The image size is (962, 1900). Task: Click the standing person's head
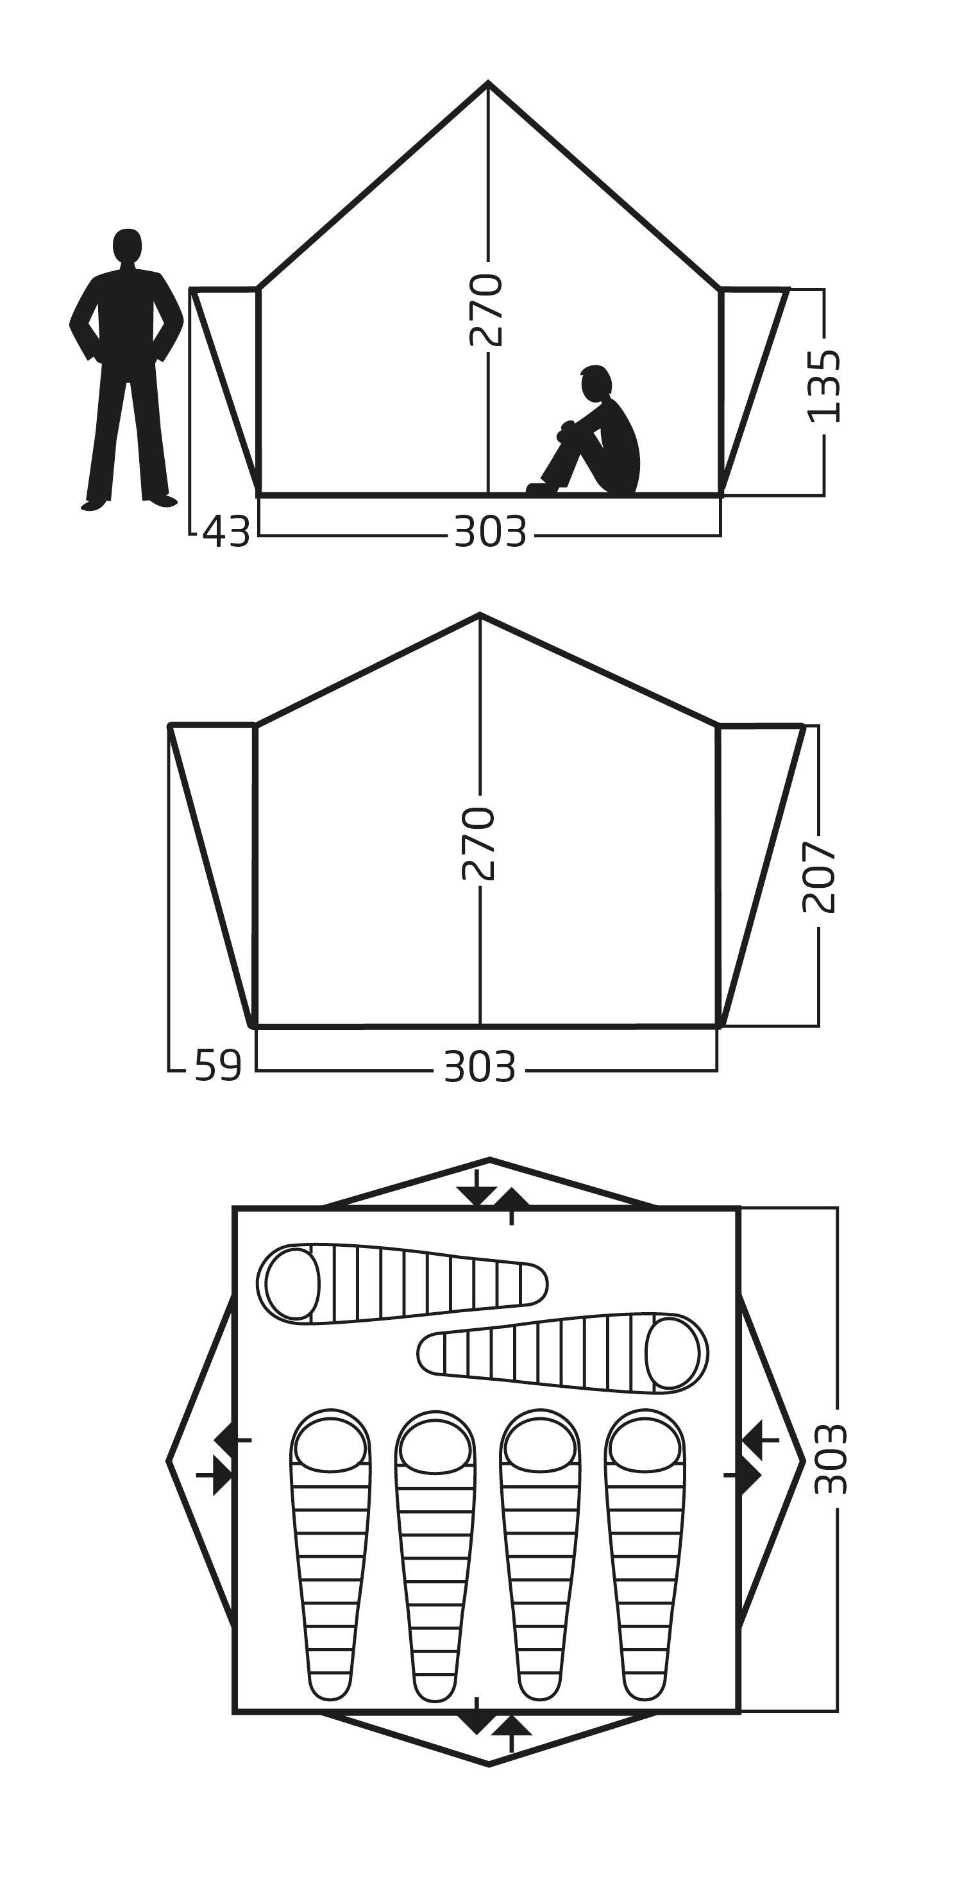127,245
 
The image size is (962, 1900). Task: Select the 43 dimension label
226,532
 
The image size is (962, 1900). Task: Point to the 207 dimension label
820,877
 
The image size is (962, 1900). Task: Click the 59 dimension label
218,1066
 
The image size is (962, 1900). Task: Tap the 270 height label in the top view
486,310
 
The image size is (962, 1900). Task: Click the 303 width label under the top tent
491,532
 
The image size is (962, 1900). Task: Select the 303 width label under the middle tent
480,1067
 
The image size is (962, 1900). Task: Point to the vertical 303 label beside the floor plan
831,1460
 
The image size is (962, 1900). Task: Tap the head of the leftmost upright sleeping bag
330,1446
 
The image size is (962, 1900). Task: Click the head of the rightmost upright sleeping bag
645,1446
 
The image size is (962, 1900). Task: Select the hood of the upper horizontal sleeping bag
292,1283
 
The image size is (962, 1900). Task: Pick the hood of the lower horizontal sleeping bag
672,1352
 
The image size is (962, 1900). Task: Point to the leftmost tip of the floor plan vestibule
168,1460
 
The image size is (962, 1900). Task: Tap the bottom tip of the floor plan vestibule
489,1764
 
